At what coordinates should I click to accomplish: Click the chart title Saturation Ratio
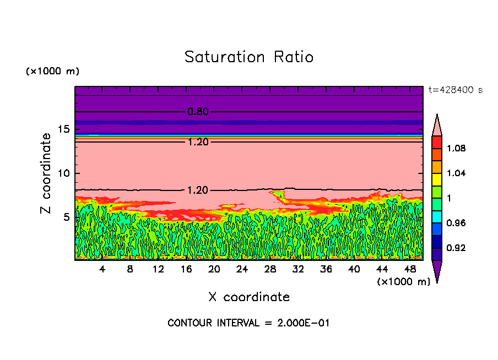[x=249, y=57]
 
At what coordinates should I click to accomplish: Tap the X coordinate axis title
[x=249, y=297]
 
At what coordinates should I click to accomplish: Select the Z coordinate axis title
[x=46, y=173]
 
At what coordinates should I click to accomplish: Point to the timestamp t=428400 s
[x=455, y=90]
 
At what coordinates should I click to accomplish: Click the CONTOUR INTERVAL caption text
[x=248, y=323]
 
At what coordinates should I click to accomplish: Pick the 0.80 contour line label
[x=198, y=112]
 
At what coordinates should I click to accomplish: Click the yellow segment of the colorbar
[x=437, y=179]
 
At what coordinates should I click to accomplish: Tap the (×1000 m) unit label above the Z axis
[x=52, y=72]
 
